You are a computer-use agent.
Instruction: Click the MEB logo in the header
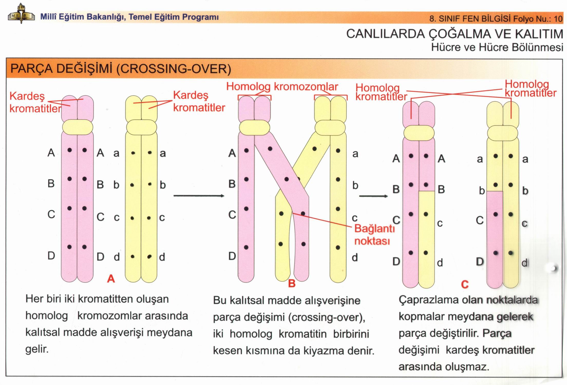(21, 14)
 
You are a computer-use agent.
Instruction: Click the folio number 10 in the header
(558, 19)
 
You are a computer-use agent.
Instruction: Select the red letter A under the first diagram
(111, 278)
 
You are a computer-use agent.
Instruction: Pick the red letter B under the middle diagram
(292, 283)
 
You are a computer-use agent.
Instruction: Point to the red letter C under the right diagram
(465, 284)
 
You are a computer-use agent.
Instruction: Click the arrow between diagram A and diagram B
(199, 196)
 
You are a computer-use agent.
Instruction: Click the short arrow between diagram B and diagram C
(373, 196)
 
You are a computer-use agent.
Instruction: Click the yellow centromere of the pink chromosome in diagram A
(78, 127)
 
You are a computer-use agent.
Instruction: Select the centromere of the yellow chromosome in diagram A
(141, 127)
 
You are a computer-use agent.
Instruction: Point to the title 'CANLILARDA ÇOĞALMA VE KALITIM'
(455, 34)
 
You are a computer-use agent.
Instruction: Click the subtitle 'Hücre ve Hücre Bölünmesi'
(497, 47)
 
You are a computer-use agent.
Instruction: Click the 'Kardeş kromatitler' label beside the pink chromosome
(35, 102)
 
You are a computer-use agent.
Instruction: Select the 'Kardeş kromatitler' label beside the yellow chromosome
(199, 101)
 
